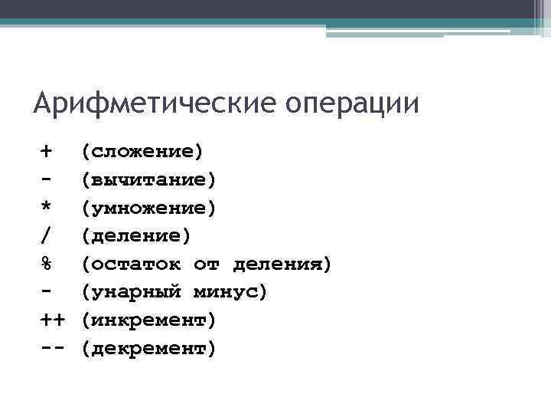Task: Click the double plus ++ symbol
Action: point(52,320)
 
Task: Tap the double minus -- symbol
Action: point(52,349)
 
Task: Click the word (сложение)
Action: point(142,152)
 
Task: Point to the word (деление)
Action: point(136,236)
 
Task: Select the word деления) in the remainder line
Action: point(282,264)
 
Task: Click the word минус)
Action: point(230,293)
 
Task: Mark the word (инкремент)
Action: point(149,320)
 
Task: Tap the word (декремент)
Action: point(149,349)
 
